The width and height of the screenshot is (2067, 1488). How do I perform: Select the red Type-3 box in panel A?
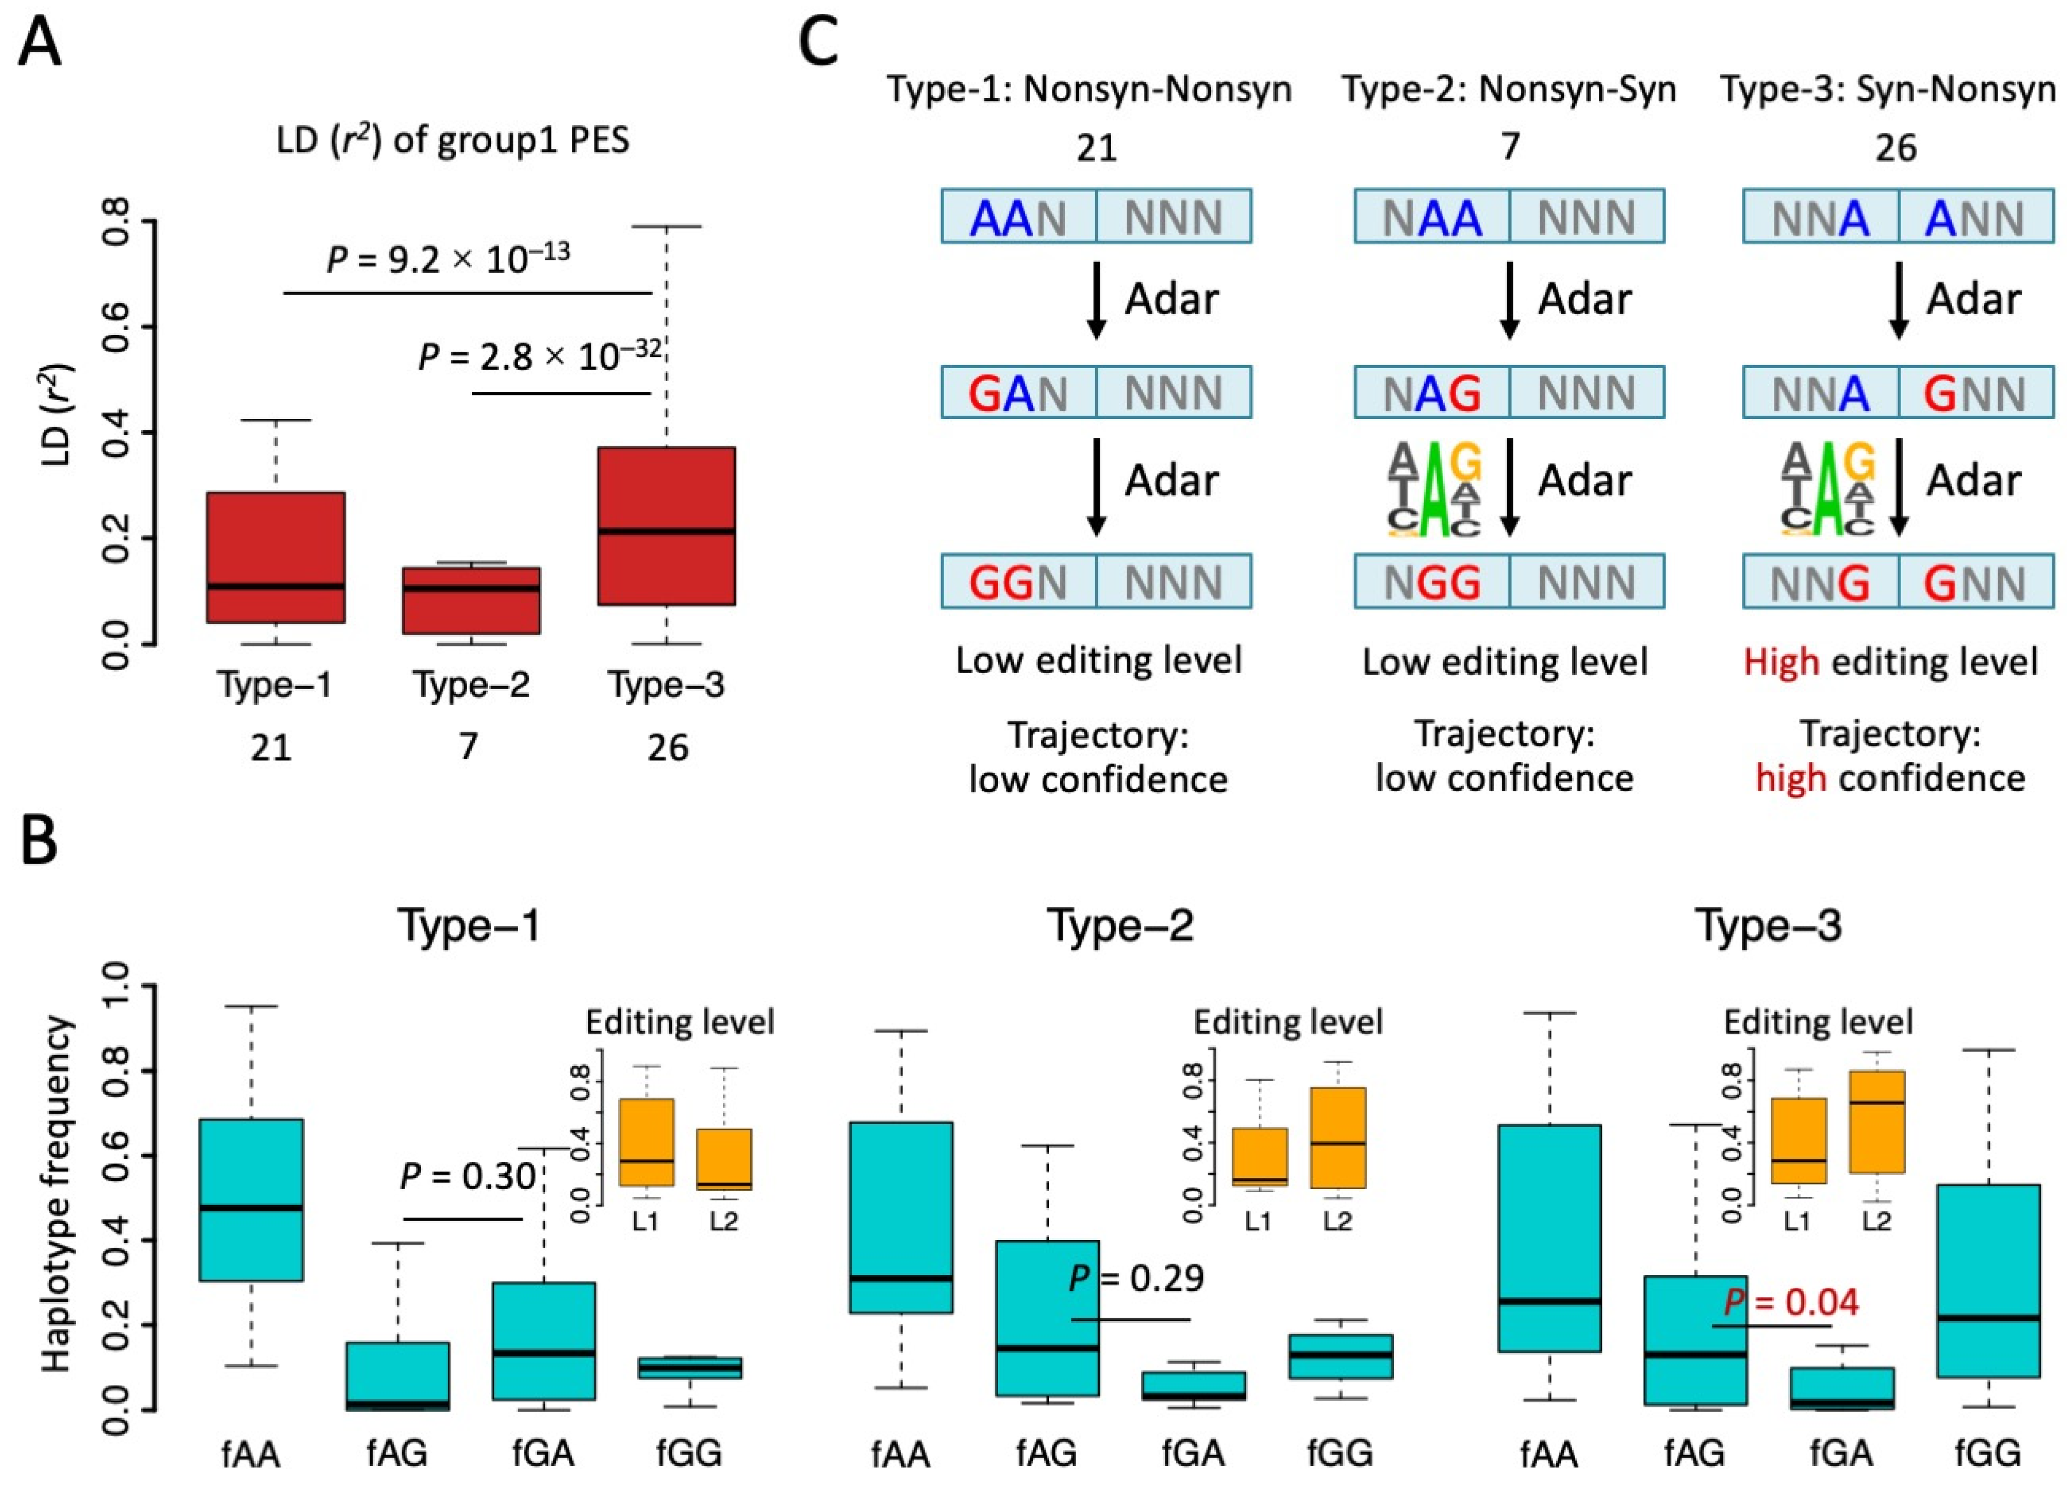pos(666,526)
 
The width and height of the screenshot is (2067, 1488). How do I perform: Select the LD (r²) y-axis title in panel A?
pos(59,414)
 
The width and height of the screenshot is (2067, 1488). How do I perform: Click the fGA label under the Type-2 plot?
pos(1193,1453)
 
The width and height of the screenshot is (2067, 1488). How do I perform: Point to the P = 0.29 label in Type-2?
pos(1136,1280)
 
